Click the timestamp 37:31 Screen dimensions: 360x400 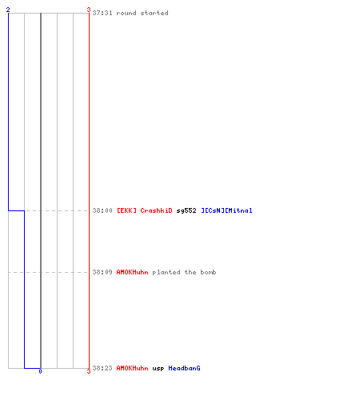click(102, 13)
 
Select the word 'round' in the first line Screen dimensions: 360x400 click(126, 13)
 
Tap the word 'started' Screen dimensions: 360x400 click(154, 13)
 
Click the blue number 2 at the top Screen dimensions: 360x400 click(8, 10)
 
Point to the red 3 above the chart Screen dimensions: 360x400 click(89, 10)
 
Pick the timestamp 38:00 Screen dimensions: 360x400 click(102, 210)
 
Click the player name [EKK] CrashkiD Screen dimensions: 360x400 click(145, 210)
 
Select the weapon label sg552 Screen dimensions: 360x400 click(186, 210)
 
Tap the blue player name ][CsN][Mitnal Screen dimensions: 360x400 click(226, 210)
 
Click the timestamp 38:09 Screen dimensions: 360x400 click(102, 272)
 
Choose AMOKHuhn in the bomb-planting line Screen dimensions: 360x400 click(133, 272)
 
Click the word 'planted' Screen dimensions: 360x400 click(166, 272)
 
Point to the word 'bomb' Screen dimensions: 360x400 click(208, 272)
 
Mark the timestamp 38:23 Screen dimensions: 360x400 click(102, 368)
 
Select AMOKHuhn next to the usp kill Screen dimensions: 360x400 click(133, 368)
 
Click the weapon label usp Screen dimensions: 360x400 click(158, 369)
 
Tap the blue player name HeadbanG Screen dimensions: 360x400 click(184, 368)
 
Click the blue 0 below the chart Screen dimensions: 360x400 click(40, 371)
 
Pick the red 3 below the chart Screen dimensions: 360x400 click(89, 371)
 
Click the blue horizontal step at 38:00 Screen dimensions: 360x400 click(16, 210)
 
